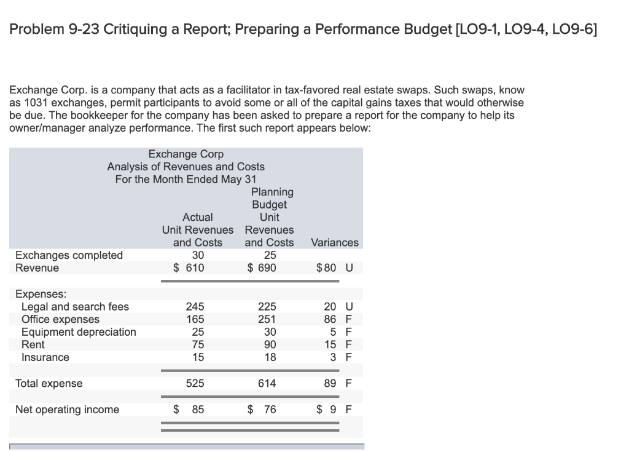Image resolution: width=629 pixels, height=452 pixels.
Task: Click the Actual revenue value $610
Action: [189, 268]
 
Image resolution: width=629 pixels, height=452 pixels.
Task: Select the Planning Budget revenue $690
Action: [262, 268]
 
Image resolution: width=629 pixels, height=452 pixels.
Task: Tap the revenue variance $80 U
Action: [335, 268]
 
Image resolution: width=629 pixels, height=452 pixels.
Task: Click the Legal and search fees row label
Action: [75, 307]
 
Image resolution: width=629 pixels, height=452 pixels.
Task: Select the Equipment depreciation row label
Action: [79, 332]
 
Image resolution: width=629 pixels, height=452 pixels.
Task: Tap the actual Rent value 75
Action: [197, 345]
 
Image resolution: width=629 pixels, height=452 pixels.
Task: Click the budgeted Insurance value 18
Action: [270, 357]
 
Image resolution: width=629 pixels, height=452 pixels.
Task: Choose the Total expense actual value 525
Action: [195, 383]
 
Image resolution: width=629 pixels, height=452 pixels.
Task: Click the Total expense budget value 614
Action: [267, 383]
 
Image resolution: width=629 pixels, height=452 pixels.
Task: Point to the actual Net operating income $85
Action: [189, 410]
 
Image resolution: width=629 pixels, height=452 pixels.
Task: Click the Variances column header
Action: [335, 242]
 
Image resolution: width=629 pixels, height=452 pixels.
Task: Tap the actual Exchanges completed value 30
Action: [198, 255]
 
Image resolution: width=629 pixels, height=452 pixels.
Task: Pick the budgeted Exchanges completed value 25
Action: [270, 255]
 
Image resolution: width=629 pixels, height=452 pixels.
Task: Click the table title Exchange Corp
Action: [186, 154]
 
